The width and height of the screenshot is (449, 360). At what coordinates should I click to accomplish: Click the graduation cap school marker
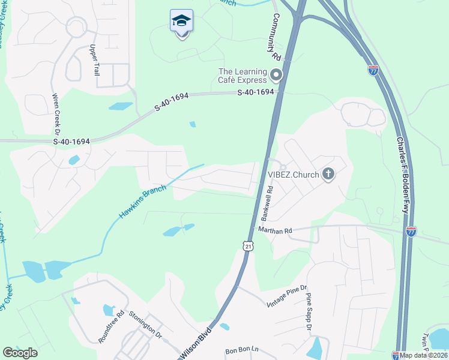click(x=182, y=22)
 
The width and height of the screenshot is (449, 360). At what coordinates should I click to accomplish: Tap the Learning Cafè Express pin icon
click(x=276, y=76)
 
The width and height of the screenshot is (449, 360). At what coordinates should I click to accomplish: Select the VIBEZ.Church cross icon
click(x=328, y=175)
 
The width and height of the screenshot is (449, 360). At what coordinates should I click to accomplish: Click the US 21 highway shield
click(x=248, y=245)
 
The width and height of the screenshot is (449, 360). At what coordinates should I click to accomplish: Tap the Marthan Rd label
click(x=275, y=230)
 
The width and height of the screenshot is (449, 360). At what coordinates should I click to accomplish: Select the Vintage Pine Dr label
click(x=287, y=297)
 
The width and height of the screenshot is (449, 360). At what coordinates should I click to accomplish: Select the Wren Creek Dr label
click(x=56, y=113)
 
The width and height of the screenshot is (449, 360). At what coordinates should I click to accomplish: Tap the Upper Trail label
click(x=94, y=59)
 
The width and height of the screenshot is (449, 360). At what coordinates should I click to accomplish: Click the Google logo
click(x=20, y=353)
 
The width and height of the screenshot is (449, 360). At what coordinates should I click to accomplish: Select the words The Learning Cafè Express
click(x=242, y=76)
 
